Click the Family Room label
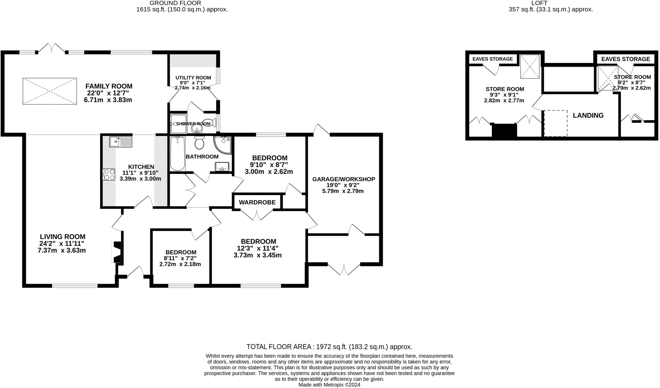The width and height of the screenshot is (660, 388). click(109, 86)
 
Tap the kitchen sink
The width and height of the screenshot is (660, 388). click(121, 142)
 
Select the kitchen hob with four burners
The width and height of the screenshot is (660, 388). click(109, 175)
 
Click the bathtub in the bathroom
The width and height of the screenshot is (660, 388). click(177, 153)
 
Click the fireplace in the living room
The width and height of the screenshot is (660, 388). click(116, 252)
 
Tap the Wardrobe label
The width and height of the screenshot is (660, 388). click(257, 202)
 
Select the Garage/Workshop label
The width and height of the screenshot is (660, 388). click(344, 179)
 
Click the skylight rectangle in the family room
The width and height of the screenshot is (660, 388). click(50, 91)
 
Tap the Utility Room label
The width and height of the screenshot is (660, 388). click(193, 78)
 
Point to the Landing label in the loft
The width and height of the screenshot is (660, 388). click(588, 115)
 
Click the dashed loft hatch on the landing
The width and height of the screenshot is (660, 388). click(556, 123)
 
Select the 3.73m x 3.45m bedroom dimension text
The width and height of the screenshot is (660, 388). click(257, 255)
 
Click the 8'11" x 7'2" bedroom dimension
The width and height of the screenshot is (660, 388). click(180, 258)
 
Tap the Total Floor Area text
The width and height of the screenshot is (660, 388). click(329, 347)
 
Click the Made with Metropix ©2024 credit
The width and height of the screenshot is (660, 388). click(329, 385)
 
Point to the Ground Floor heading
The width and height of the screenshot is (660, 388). click(175, 3)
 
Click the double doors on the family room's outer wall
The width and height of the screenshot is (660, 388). click(52, 48)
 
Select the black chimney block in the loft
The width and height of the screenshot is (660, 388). click(504, 131)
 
